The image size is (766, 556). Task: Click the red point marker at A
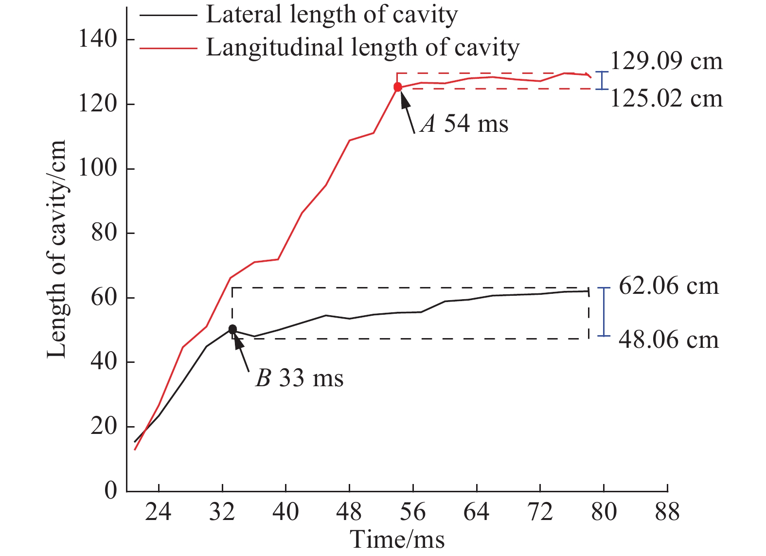(398, 87)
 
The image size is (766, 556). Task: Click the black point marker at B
(232, 329)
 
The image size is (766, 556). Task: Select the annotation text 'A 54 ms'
(464, 124)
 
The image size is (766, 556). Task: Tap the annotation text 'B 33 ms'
(299, 378)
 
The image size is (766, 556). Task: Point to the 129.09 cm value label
(666, 61)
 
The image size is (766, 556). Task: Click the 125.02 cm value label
(666, 99)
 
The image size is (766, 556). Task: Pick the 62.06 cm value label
(668, 286)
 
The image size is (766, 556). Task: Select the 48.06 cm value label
(668, 339)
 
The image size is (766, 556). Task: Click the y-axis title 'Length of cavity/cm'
(57, 249)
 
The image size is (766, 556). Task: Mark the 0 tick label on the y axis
(111, 490)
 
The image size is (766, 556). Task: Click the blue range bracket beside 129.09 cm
(603, 80)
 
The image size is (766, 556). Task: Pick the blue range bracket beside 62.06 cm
(604, 312)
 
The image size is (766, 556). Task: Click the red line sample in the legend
(168, 48)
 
